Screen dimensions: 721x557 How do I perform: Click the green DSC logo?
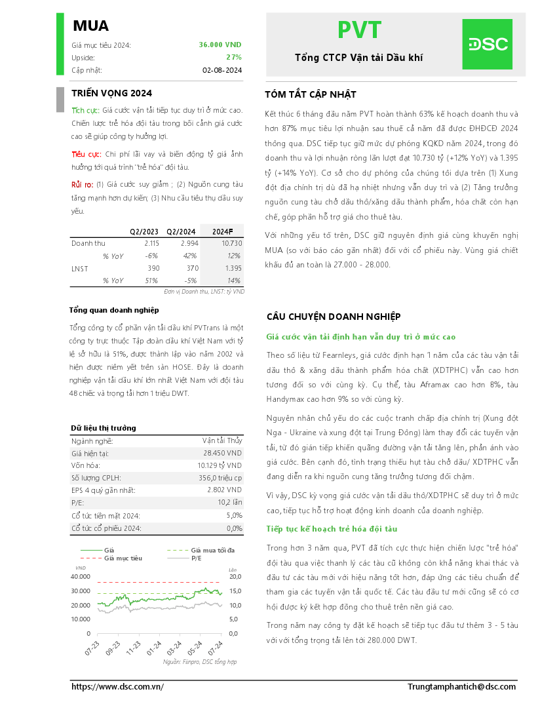coord(487,44)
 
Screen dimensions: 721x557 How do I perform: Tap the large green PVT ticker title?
coord(358,30)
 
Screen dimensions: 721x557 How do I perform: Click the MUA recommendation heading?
coord(90,26)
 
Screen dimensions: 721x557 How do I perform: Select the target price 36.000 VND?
coord(220,45)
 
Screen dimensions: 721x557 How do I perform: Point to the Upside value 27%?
coord(234,57)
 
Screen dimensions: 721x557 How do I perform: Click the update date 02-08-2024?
coord(222,70)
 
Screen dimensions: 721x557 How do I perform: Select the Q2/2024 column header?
coord(181,231)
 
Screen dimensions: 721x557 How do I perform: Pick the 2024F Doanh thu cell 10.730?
coord(231,243)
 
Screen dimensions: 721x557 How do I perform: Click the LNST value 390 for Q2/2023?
coord(153,268)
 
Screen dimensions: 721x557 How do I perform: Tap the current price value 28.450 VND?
coord(223,453)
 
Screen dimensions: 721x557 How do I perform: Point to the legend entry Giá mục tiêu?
coord(123,558)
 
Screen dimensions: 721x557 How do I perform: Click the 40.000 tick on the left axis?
coord(80,576)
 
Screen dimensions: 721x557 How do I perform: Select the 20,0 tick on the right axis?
coord(235,576)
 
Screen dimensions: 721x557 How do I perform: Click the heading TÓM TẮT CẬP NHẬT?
coord(310,94)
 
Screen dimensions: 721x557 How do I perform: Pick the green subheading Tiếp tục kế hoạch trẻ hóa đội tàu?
coord(331,529)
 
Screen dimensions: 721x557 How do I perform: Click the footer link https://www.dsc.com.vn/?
coord(117,686)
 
